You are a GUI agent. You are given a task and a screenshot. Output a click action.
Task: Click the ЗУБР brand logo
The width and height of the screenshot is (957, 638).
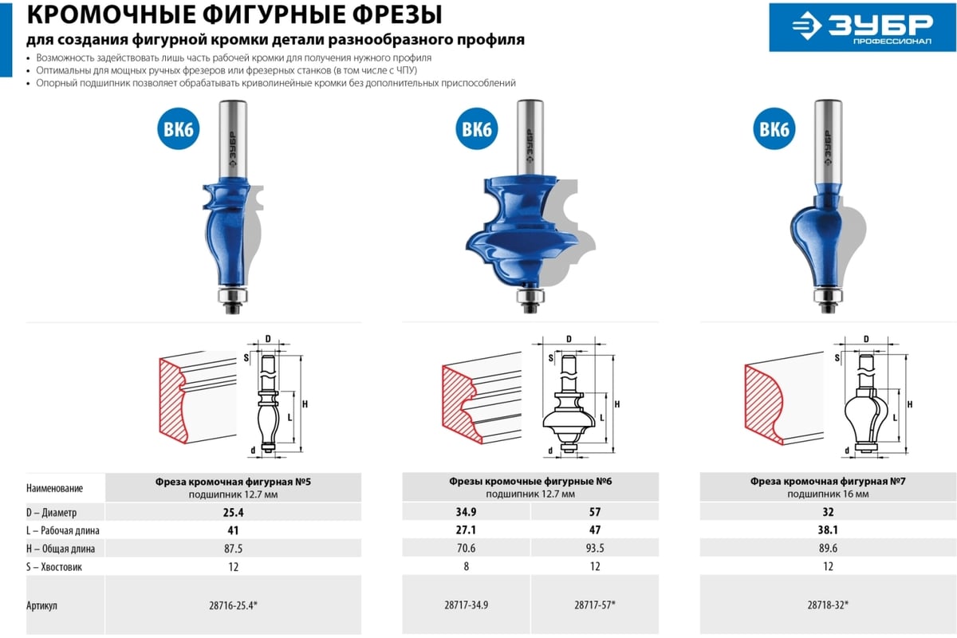coord(862,27)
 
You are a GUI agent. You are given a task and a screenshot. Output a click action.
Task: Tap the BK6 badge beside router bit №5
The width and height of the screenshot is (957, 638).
coord(178,128)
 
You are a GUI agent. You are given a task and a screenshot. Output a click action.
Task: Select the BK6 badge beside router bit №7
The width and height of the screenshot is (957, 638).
coord(774,128)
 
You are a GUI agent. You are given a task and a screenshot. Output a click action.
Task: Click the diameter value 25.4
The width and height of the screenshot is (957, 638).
coord(233,512)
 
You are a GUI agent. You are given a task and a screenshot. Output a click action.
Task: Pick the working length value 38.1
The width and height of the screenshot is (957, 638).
coord(828,530)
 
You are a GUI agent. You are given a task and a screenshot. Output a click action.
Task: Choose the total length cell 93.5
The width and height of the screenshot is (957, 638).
coord(595,548)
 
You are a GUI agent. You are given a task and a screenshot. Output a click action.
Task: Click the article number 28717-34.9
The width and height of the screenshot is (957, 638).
coord(466,605)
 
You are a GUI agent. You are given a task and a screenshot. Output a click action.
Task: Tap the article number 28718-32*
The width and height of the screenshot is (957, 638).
coord(828,605)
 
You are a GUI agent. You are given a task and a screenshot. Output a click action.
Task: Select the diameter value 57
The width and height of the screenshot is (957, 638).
coord(595,512)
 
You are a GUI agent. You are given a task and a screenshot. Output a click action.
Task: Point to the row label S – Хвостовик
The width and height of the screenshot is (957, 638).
coord(54,567)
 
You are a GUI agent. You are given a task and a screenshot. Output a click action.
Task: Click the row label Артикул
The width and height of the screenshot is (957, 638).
coord(41,605)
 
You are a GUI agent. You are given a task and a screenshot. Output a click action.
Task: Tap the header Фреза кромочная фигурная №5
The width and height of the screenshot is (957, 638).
coord(233,482)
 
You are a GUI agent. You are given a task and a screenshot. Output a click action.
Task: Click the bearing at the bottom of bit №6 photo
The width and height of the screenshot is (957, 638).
coord(530,296)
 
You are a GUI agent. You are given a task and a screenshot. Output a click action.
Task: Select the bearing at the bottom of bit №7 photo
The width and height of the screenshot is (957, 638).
coord(828,296)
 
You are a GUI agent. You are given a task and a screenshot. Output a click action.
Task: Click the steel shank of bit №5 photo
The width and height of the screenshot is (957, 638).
coord(232,139)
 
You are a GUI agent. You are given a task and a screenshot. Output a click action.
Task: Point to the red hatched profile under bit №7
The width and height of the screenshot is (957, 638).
coord(763,404)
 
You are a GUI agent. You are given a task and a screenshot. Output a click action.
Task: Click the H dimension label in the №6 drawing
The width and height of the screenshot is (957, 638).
coord(617,404)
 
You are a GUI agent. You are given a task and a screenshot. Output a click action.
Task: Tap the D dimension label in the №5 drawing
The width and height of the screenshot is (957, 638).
coord(268,339)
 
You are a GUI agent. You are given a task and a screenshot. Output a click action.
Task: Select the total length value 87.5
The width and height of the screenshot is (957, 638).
coord(233,548)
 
